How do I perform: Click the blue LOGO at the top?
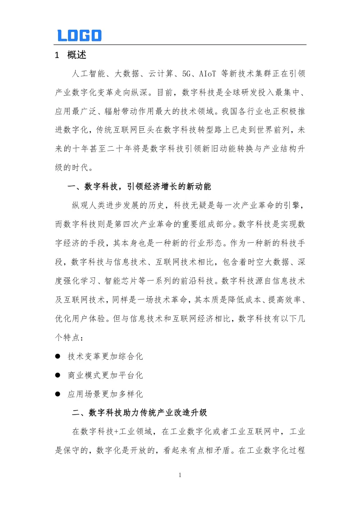coord(79,36)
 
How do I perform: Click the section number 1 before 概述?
coord(57,56)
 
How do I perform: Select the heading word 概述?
coord(76,55)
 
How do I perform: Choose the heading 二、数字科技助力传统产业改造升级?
coord(139,412)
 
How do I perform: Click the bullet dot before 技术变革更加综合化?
coord(58,356)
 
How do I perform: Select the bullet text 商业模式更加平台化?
coord(105,375)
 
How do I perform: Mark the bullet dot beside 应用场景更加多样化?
coord(58,394)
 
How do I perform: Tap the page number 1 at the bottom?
coord(180,475)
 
